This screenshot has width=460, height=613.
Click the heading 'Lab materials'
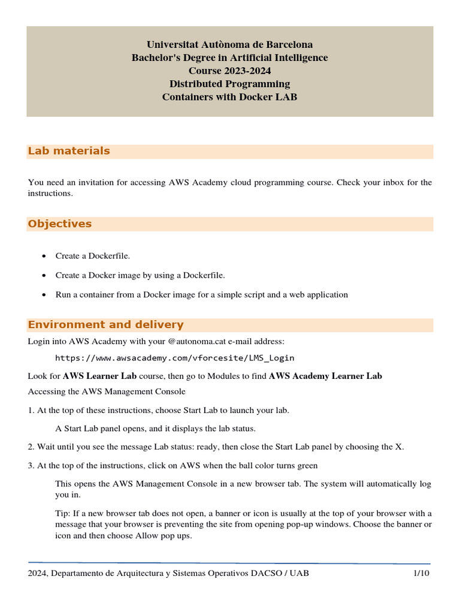click(x=69, y=151)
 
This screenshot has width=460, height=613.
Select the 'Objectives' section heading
click(x=60, y=224)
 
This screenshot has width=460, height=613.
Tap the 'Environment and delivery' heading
click(x=105, y=325)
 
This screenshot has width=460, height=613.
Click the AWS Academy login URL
click(x=174, y=358)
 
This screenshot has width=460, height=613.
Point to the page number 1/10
click(x=421, y=573)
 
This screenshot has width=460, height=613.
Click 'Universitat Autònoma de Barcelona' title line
click(x=229, y=45)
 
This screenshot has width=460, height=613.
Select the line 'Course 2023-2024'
click(x=229, y=71)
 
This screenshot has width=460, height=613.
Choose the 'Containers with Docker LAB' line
click(x=229, y=97)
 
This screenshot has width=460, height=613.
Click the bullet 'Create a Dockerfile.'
click(x=93, y=256)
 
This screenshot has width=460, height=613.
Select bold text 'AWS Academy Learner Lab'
click(x=325, y=376)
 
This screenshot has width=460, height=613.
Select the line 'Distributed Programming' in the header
click(x=229, y=84)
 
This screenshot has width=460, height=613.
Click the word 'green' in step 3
click(x=305, y=465)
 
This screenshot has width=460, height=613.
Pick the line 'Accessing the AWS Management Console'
click(x=107, y=392)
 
